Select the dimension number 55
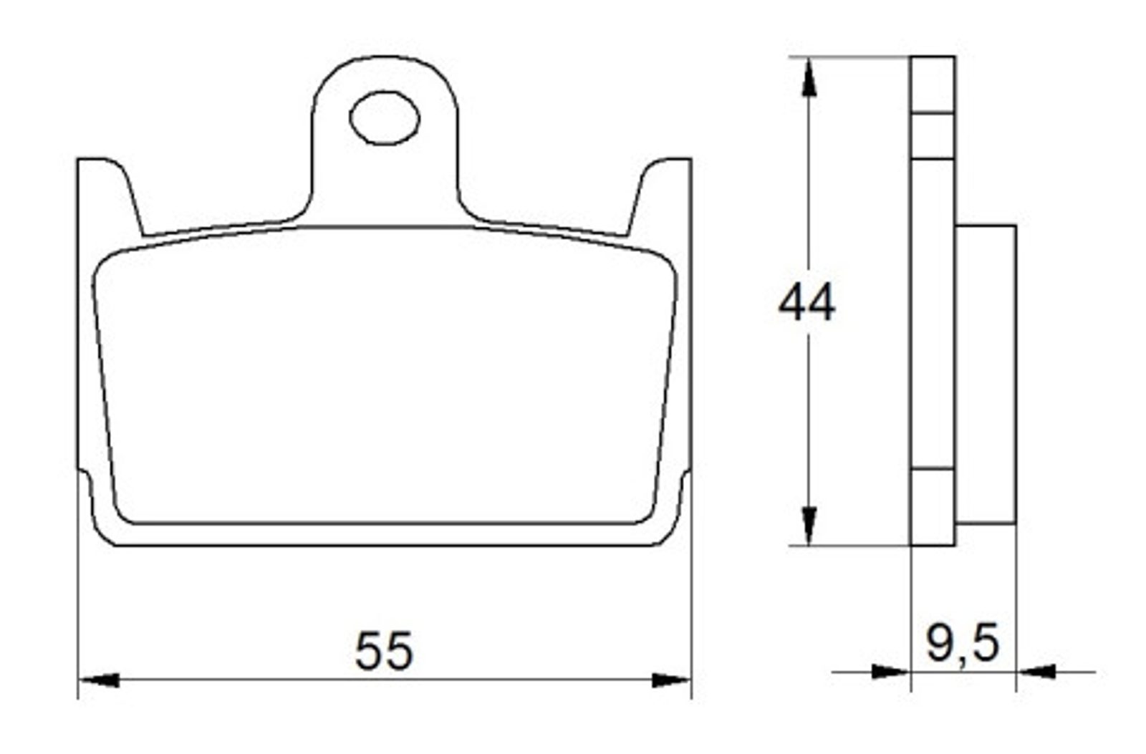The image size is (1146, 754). [x=383, y=651]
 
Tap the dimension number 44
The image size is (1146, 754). [x=806, y=304]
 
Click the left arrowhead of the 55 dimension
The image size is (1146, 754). [x=100, y=680]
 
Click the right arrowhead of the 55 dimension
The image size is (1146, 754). [x=671, y=680]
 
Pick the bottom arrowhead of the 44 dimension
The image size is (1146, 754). [x=809, y=526]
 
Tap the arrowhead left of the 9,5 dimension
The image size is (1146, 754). [x=891, y=672]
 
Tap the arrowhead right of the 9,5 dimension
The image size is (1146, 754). [x=1036, y=672]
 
